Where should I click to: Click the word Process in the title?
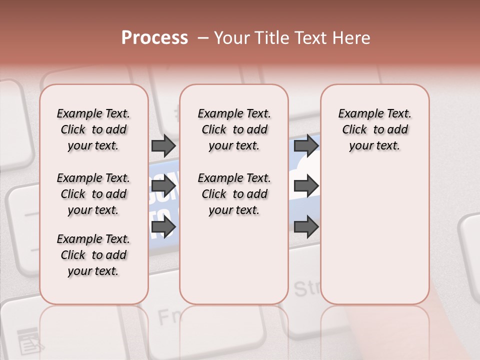point(154,38)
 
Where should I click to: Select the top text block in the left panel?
point(93,129)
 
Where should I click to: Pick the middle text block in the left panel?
point(93,194)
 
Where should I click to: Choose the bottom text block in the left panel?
point(93,255)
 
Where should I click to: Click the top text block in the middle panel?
point(234,129)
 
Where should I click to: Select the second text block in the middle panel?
point(234,194)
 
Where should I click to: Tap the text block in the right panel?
point(374,129)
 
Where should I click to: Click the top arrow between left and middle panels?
point(163,145)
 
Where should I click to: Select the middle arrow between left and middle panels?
point(163,186)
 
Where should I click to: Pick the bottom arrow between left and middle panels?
point(163,227)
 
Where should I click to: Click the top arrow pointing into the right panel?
point(306,145)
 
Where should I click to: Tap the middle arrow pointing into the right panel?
point(306,186)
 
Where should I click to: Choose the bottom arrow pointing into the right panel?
point(306,227)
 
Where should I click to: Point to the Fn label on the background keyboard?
point(168,316)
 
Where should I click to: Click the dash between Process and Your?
point(202,38)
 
